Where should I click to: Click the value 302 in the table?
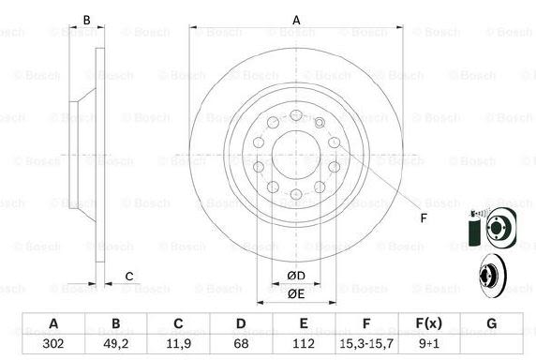point(53,343)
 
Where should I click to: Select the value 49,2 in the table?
point(116,343)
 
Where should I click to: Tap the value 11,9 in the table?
point(178,343)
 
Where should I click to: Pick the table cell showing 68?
point(241,343)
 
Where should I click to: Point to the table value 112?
point(304,343)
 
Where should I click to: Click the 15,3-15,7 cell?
point(366,343)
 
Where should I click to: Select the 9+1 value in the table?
point(429,343)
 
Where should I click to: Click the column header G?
point(492,323)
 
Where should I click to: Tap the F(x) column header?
point(429,323)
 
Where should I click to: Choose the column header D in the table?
point(241,323)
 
